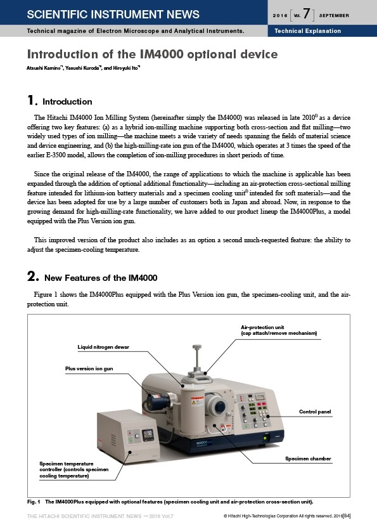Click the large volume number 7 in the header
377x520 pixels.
pos(307,13)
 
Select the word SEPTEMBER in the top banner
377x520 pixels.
pos(334,15)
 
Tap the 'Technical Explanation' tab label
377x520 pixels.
pos(307,31)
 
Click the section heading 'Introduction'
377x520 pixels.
pos(67,101)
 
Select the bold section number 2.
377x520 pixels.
pos(32,276)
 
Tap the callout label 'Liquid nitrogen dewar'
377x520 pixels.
pos(103,347)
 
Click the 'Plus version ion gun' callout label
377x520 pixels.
pos(89,368)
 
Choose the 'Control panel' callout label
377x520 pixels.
pos(315,412)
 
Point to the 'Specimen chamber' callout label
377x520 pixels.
pos(308,458)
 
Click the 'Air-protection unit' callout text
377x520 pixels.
pos(262,327)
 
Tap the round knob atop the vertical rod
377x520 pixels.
pos(197,347)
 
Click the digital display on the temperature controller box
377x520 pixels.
pos(148,434)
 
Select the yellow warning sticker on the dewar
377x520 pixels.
pos(197,401)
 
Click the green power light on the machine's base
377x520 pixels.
pos(265,438)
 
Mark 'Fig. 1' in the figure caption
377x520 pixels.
pos(34,502)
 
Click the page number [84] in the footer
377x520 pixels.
pos(347,516)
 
